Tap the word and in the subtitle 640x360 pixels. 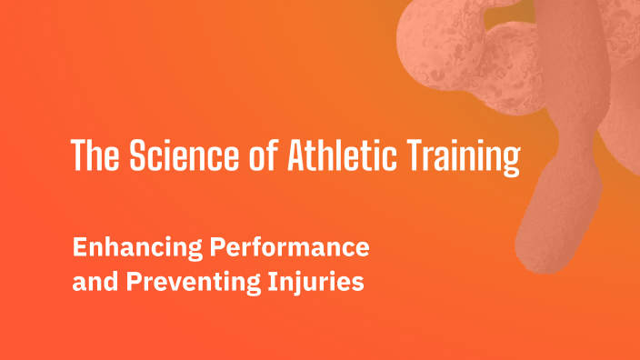pos(91,283)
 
